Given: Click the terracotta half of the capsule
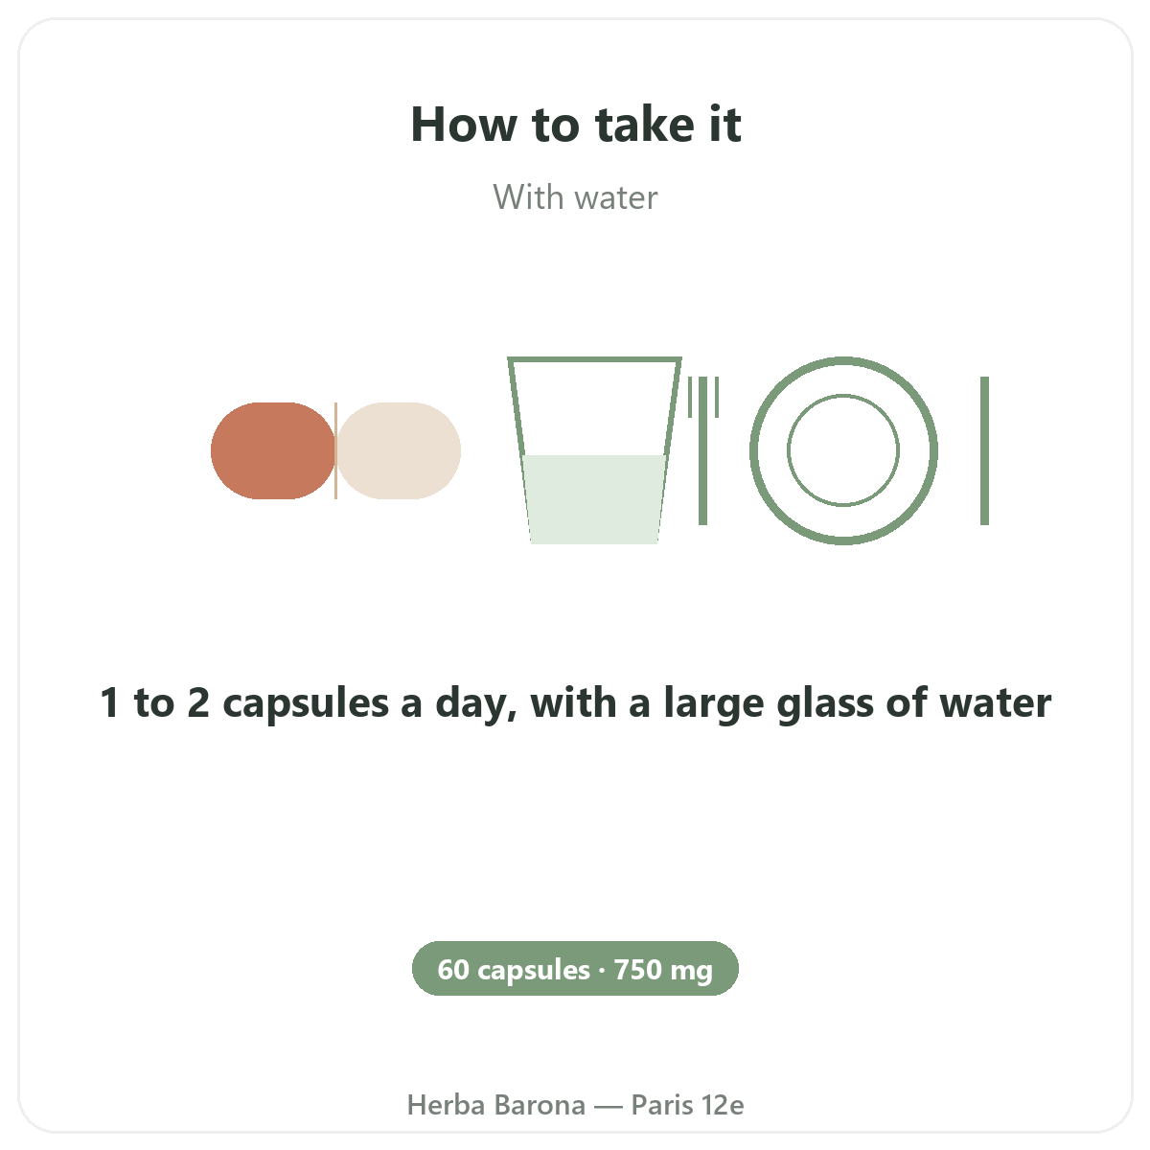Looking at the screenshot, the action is click(x=273, y=450).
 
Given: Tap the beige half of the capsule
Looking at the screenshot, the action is click(x=399, y=450).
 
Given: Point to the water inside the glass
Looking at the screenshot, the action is click(x=594, y=499).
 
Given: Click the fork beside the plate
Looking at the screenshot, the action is click(x=703, y=450).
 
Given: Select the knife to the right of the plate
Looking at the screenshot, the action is click(x=985, y=450).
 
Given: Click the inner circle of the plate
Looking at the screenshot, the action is click(x=843, y=395).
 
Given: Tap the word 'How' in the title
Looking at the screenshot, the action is click(x=464, y=125).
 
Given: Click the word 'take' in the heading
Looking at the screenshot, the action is click(x=644, y=125).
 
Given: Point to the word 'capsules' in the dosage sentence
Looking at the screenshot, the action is click(x=306, y=704).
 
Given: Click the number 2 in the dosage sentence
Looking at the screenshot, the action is click(x=198, y=702).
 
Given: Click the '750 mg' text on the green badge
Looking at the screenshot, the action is click(x=663, y=971).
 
